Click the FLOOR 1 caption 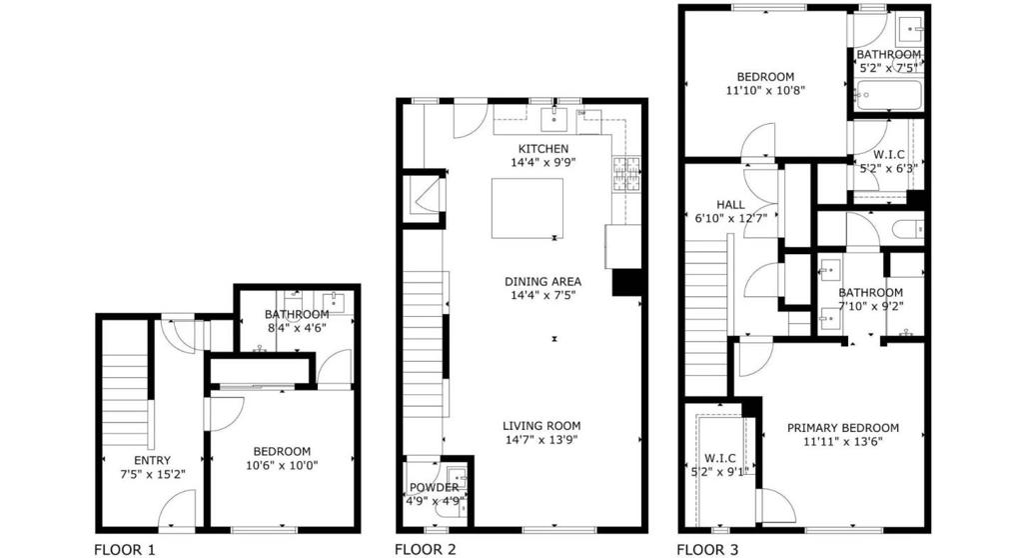[125, 550]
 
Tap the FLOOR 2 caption [426, 550]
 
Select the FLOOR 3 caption [708, 550]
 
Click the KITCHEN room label [543, 149]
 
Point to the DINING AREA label [542, 282]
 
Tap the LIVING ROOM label [541, 426]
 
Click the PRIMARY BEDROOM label [843, 428]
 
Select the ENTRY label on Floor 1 [152, 460]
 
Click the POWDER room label [434, 488]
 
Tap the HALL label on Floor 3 [730, 205]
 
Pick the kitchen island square [527, 208]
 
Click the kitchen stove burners [626, 174]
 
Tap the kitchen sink [553, 120]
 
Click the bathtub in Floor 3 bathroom [888, 96]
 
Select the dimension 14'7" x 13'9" [541, 440]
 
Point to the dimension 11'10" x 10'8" [765, 90]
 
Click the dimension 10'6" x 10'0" [282, 465]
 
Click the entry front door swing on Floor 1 [176, 510]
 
